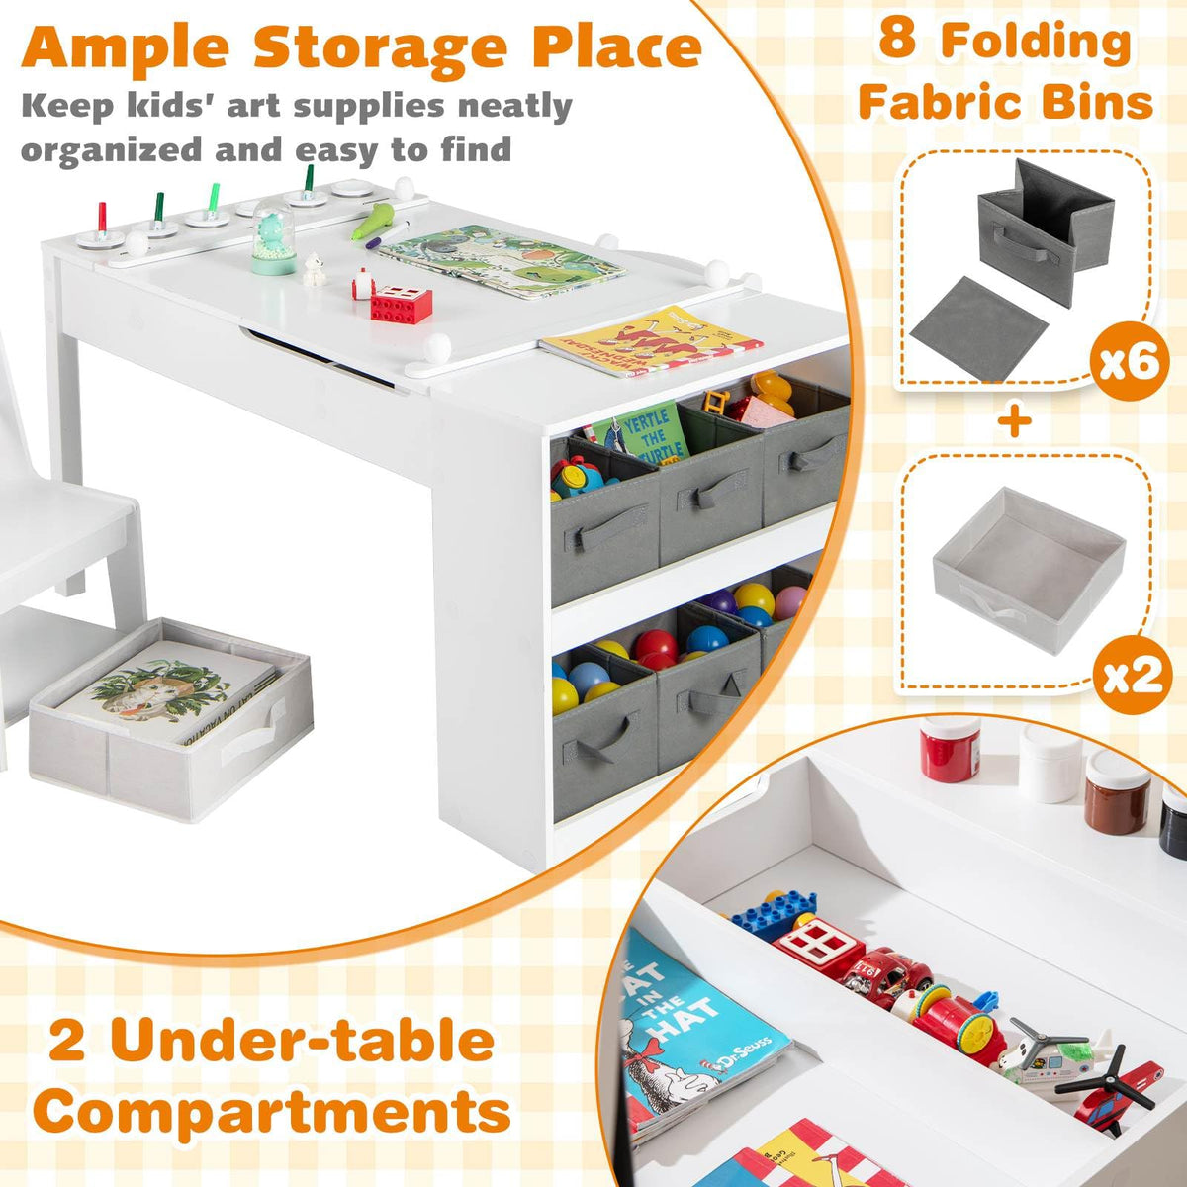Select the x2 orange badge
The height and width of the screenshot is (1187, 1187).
tap(1128, 677)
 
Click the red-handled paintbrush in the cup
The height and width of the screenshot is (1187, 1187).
tap(101, 218)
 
